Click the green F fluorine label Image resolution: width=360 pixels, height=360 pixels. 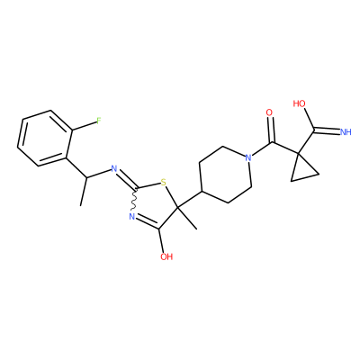click(x=99, y=121)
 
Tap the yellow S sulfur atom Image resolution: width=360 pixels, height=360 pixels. click(x=163, y=182)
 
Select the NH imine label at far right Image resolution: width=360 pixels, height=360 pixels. click(x=346, y=132)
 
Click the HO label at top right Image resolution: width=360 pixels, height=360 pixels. click(x=300, y=103)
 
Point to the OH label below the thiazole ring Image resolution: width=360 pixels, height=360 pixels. click(x=166, y=256)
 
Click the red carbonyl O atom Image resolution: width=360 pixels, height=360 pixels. click(x=269, y=112)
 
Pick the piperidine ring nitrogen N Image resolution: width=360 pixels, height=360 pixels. click(x=247, y=157)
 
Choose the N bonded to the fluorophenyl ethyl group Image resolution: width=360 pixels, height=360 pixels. click(x=114, y=169)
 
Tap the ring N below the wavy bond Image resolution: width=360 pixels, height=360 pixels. click(x=131, y=216)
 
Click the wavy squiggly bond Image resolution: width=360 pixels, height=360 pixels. click(x=134, y=200)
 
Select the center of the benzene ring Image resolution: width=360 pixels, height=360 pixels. click(x=45, y=138)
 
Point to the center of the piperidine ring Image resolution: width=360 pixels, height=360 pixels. click(x=225, y=175)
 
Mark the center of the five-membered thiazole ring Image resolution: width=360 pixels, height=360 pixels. click(x=156, y=204)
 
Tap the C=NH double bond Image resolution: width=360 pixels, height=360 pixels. click(x=327, y=130)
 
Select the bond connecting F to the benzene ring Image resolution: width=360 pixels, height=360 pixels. click(x=85, y=126)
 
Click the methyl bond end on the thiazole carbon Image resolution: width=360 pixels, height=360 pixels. click(x=197, y=229)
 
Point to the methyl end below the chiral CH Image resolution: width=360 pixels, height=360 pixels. click(x=81, y=205)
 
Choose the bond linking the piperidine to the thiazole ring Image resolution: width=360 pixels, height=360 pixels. click(x=190, y=199)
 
